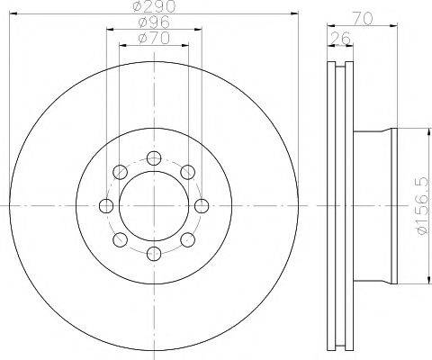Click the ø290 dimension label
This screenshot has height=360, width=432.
click(154, 6)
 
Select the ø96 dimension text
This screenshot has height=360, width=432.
click(154, 22)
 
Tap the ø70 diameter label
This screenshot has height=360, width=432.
click(154, 39)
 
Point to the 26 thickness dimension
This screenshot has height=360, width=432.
click(340, 39)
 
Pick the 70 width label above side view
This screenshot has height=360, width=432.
click(362, 19)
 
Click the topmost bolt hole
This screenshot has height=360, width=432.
click(154, 158)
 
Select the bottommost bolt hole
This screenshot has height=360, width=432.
click(154, 254)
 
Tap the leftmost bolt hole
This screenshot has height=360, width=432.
click(106, 206)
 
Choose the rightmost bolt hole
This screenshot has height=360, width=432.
click(202, 206)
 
